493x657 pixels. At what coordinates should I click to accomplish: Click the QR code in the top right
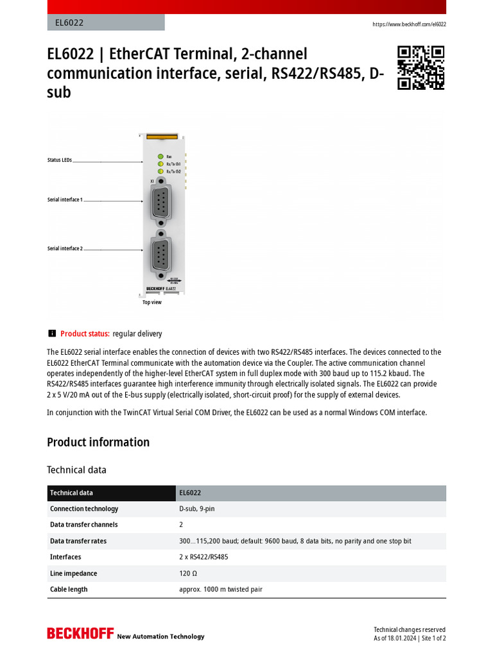(420, 67)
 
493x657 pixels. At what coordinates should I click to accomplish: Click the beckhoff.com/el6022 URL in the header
(409, 24)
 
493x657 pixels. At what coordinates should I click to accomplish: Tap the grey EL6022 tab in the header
(106, 22)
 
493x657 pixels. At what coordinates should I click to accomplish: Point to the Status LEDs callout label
(60, 160)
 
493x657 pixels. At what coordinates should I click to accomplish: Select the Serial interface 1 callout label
(65, 200)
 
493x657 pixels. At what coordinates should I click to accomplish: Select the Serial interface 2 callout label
(65, 248)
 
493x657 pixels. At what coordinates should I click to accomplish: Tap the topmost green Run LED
(159, 156)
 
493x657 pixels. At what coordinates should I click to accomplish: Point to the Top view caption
(152, 302)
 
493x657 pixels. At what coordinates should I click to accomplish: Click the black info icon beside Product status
(52, 333)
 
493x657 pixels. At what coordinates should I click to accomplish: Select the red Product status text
(85, 334)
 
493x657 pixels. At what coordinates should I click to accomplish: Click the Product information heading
(98, 442)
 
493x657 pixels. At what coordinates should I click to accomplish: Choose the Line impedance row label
(73, 573)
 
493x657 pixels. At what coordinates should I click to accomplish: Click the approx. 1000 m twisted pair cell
(221, 589)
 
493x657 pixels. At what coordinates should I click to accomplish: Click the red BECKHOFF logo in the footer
(80, 633)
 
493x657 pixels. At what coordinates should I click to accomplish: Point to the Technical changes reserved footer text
(410, 629)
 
